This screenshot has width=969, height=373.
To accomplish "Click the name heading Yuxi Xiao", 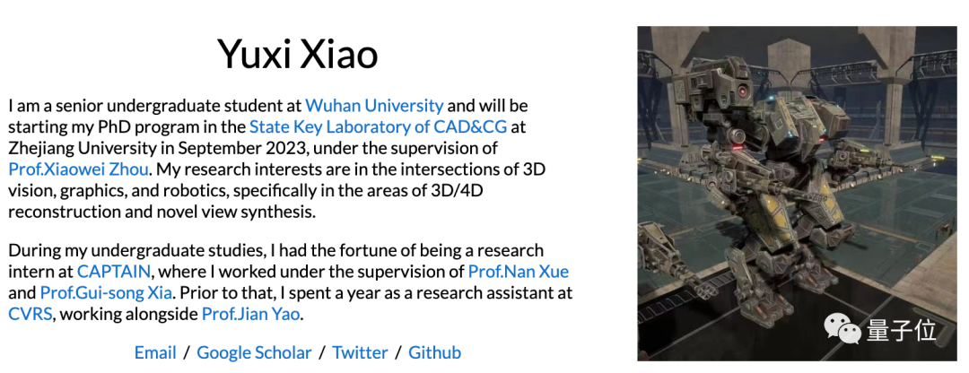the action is point(297,54).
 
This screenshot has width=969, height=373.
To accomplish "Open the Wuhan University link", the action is point(374,106).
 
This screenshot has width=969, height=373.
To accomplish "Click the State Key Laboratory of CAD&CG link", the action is point(379,127).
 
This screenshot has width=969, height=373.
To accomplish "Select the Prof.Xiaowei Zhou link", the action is point(78,169).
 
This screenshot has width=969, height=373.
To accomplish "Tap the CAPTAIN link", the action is point(114,271).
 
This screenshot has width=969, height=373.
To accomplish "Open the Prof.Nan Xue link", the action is point(519,271).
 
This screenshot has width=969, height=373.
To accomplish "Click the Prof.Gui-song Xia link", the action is point(106,292).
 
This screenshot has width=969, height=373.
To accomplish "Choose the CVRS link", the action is point(31,315).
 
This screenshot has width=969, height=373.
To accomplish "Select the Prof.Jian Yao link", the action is point(251,315).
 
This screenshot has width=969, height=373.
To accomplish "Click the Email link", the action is point(156,352).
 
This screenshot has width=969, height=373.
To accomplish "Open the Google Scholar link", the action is point(254,352).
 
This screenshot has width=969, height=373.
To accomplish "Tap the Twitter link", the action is point(361,352).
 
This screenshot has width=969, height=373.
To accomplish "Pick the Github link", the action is point(435,352).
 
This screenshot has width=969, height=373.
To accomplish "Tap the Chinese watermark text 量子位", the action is point(901,330).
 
